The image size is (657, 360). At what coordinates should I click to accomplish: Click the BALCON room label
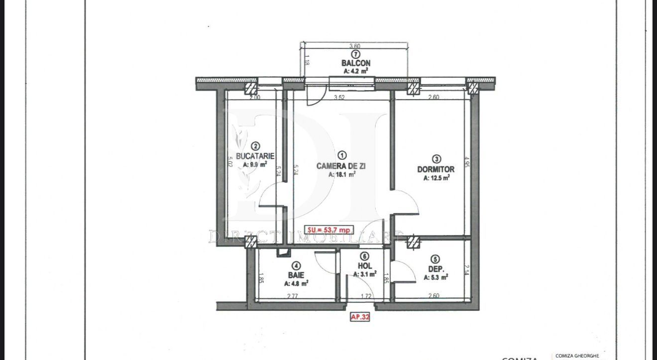(355, 63)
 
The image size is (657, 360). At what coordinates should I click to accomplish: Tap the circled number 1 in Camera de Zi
(341, 155)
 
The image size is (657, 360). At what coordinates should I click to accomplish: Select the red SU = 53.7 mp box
(329, 230)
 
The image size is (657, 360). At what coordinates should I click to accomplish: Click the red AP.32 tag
(360, 317)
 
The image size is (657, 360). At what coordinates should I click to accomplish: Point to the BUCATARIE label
(255, 156)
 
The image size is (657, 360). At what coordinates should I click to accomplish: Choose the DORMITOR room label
(436, 169)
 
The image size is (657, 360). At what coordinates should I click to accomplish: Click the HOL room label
(365, 266)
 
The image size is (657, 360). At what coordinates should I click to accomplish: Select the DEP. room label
(436, 268)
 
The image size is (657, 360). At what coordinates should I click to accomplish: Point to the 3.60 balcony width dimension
(355, 46)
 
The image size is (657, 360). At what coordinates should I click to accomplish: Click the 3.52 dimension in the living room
(339, 98)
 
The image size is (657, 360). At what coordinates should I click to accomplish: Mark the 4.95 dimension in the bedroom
(466, 163)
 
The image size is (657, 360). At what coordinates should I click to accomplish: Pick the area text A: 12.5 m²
(437, 178)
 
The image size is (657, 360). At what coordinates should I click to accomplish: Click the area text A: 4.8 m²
(296, 284)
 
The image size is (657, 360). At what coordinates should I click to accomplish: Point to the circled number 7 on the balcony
(355, 54)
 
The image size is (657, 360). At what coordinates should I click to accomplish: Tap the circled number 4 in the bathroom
(296, 266)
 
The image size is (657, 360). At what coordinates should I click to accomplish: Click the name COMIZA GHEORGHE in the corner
(577, 356)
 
